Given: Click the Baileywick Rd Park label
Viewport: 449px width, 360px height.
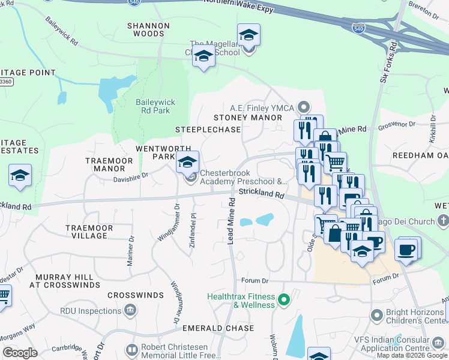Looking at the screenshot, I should (155, 106).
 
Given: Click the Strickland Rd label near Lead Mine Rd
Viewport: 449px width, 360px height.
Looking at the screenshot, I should (261, 194).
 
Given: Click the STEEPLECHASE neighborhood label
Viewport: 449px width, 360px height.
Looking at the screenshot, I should (208, 130).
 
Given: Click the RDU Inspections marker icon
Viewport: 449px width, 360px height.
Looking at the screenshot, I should (130, 311).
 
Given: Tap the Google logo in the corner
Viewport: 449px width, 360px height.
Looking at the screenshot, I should (20, 353).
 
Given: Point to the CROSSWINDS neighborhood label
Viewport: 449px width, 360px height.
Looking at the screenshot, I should (136, 296).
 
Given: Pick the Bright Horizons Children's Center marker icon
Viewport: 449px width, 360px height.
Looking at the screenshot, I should (376, 314).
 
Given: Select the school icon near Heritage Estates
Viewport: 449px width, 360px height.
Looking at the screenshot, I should (20, 175).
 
